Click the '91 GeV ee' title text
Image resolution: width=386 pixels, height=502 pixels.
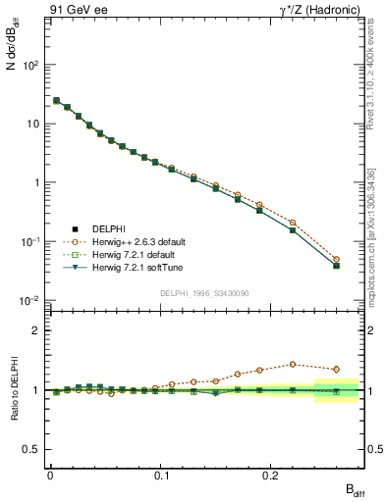coord(76,10)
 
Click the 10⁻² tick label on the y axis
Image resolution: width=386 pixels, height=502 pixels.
coord(31,301)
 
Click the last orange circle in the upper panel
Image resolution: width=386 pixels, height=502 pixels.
coord(336,260)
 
